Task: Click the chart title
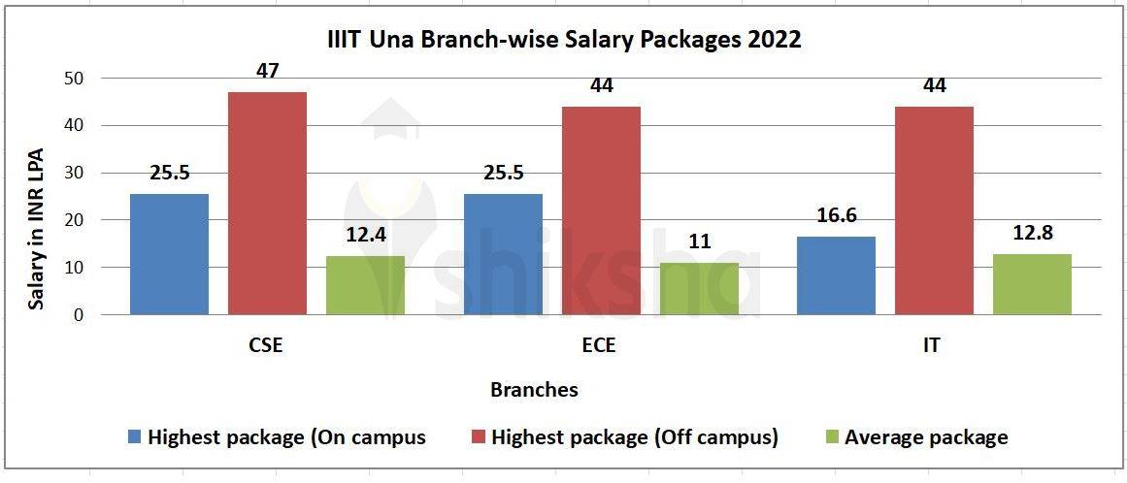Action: click(x=562, y=40)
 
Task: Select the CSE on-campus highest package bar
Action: click(x=169, y=254)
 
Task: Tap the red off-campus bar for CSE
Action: click(x=267, y=203)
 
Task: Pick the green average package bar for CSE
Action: click(x=365, y=285)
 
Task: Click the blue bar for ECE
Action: click(x=503, y=254)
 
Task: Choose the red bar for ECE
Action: click(x=601, y=210)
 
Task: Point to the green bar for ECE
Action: click(x=699, y=288)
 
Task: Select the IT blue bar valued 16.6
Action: click(x=836, y=275)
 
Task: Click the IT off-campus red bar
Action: click(x=934, y=210)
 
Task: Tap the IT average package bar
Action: click(x=1032, y=284)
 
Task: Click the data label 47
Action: click(x=267, y=70)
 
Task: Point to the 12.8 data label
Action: click(x=1032, y=233)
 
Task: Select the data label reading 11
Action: click(x=699, y=241)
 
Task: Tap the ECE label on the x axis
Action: click(x=601, y=345)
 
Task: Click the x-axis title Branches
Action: click(x=534, y=390)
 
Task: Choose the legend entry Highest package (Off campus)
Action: click(x=635, y=437)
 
